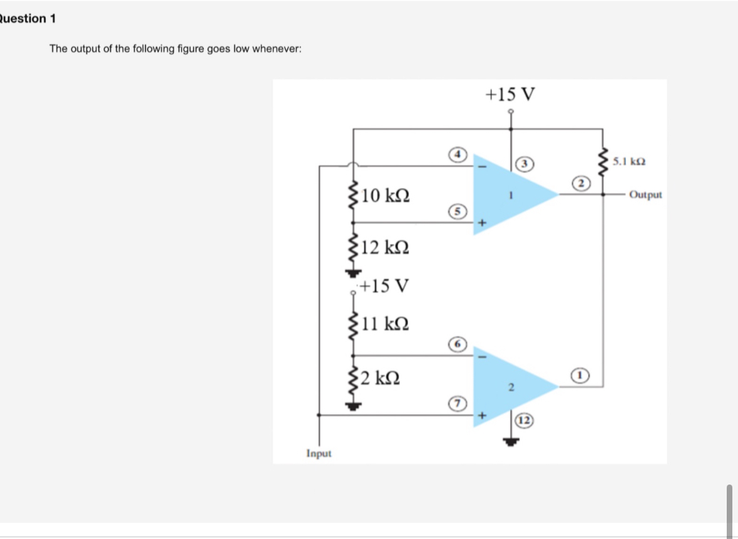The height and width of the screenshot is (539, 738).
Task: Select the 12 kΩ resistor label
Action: (386, 248)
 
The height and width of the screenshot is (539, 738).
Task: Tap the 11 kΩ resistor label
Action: (386, 324)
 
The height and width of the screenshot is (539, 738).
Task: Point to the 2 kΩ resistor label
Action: (381, 377)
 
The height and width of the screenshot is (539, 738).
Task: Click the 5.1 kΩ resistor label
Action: (629, 162)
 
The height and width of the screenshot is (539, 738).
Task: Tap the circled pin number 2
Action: (581, 183)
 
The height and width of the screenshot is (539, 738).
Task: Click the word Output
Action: (645, 195)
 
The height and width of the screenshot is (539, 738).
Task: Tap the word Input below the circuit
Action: (319, 453)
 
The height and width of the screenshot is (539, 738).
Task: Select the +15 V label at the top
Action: (510, 95)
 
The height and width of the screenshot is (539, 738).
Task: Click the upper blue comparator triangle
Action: (507, 194)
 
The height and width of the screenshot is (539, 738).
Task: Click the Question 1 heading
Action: (28, 18)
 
